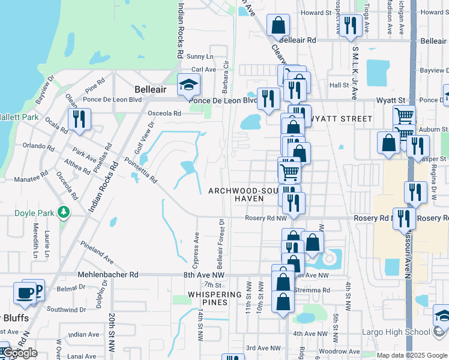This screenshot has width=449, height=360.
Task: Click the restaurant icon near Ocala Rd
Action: [x=79, y=119]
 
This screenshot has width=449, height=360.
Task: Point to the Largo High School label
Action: [x=400, y=332]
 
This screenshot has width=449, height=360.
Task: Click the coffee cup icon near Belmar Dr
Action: [x=25, y=293]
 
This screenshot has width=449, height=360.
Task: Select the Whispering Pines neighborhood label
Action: [x=215, y=298]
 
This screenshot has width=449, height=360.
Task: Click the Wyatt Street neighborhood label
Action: [x=340, y=119]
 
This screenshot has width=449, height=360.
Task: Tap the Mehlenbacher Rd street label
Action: [x=108, y=274]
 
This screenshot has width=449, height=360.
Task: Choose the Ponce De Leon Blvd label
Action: [x=223, y=100]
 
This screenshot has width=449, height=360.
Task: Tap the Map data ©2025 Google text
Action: [x=411, y=355]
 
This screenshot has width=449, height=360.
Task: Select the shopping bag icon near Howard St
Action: [x=278, y=25]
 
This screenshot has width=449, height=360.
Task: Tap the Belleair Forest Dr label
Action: [x=221, y=242]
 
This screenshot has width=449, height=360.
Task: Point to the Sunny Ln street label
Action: [x=196, y=56]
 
